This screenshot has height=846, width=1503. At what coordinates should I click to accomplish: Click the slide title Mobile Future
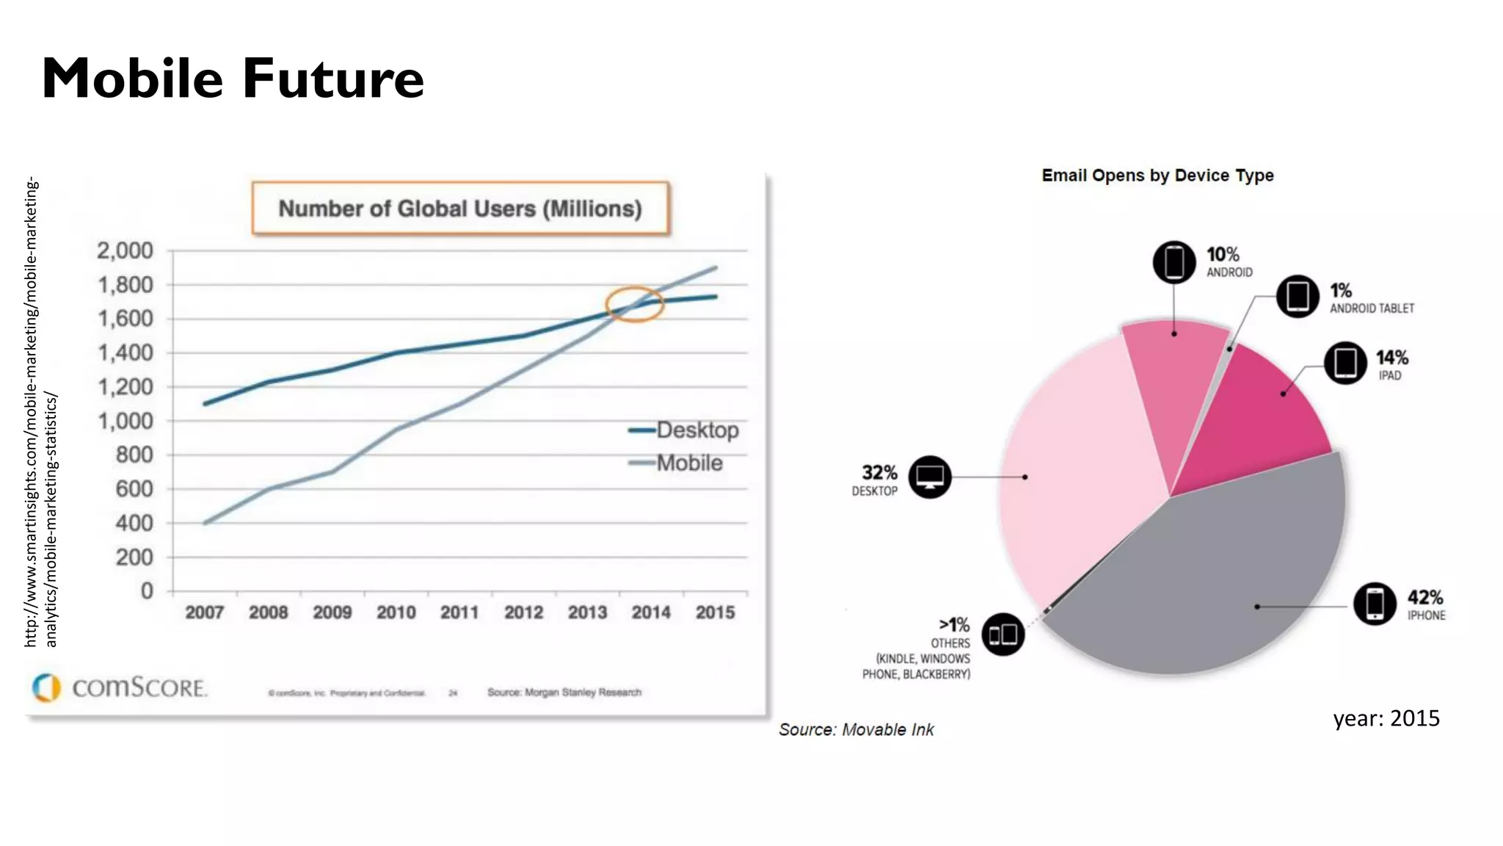pos(233,78)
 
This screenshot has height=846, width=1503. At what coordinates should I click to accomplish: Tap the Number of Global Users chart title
pos(460,209)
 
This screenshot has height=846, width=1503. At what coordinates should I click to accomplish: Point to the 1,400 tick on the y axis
pos(125,352)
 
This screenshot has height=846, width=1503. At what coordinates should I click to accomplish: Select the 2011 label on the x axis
pos(459,612)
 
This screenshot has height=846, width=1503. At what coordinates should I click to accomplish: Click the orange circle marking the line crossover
pos(634,304)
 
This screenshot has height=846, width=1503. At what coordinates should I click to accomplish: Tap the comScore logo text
pos(139,687)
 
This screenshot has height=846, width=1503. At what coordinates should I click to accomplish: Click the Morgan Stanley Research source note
pos(564,692)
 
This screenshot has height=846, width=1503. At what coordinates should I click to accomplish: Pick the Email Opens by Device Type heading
pos(1157,176)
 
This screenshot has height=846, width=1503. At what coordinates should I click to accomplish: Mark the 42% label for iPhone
pos(1425,598)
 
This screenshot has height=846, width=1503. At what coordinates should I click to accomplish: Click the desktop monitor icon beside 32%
pos(930,477)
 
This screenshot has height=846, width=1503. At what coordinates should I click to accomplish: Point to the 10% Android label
pos(1223,255)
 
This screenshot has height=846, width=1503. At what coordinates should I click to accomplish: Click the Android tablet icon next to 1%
pos(1298,297)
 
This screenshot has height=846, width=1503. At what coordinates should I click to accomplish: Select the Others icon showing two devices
pos(1002,634)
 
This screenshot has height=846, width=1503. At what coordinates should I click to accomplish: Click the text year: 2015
pos(1386,718)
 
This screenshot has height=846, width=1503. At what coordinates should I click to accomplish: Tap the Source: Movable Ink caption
pos(856,729)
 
